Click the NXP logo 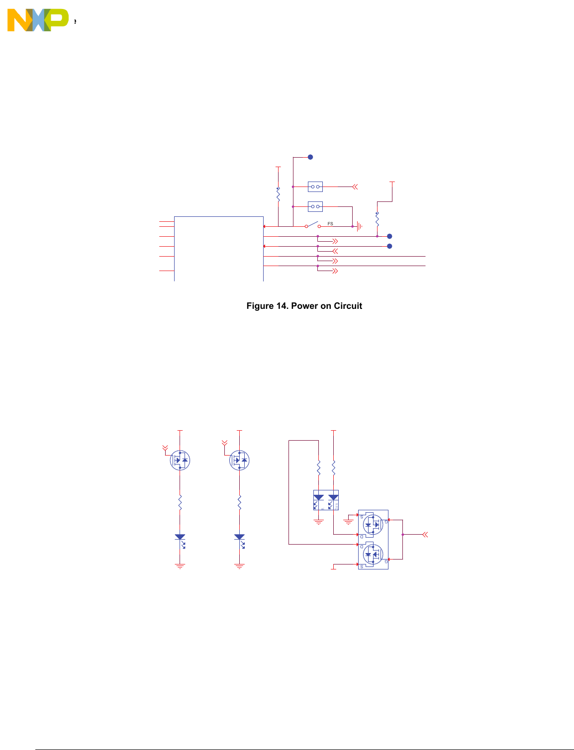38,20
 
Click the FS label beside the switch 330,224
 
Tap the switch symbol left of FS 312,225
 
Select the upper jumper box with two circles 315,187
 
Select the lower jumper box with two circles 315,206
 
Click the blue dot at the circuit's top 310,157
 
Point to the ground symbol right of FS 359,226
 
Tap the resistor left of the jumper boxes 278,194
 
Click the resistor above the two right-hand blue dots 377,219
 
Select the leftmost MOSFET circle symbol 180,460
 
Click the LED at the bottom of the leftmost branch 180,538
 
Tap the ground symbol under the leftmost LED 180,566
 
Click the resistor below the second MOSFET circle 239,502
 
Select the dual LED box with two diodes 326,500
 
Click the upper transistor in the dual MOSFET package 373,524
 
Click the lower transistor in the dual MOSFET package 373,554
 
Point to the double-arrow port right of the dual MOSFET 425,535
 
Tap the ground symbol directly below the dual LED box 319,522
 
